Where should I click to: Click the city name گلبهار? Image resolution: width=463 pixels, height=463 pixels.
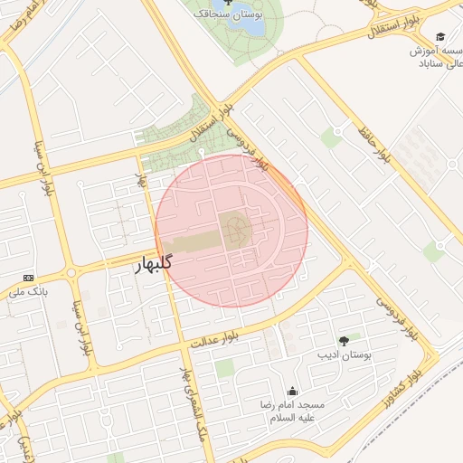click(x=153, y=265)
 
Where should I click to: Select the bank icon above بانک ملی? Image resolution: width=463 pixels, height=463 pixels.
click(x=28, y=277)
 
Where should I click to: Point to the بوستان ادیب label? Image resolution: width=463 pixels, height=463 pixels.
click(x=343, y=354)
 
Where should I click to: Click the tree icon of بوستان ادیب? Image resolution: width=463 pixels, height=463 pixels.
click(x=343, y=340)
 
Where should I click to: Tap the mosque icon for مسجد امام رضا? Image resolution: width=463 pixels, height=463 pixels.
click(x=292, y=392)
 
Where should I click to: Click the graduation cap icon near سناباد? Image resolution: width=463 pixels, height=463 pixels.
click(x=440, y=37)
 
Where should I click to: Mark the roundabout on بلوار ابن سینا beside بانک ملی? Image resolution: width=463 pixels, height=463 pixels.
click(x=70, y=273)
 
